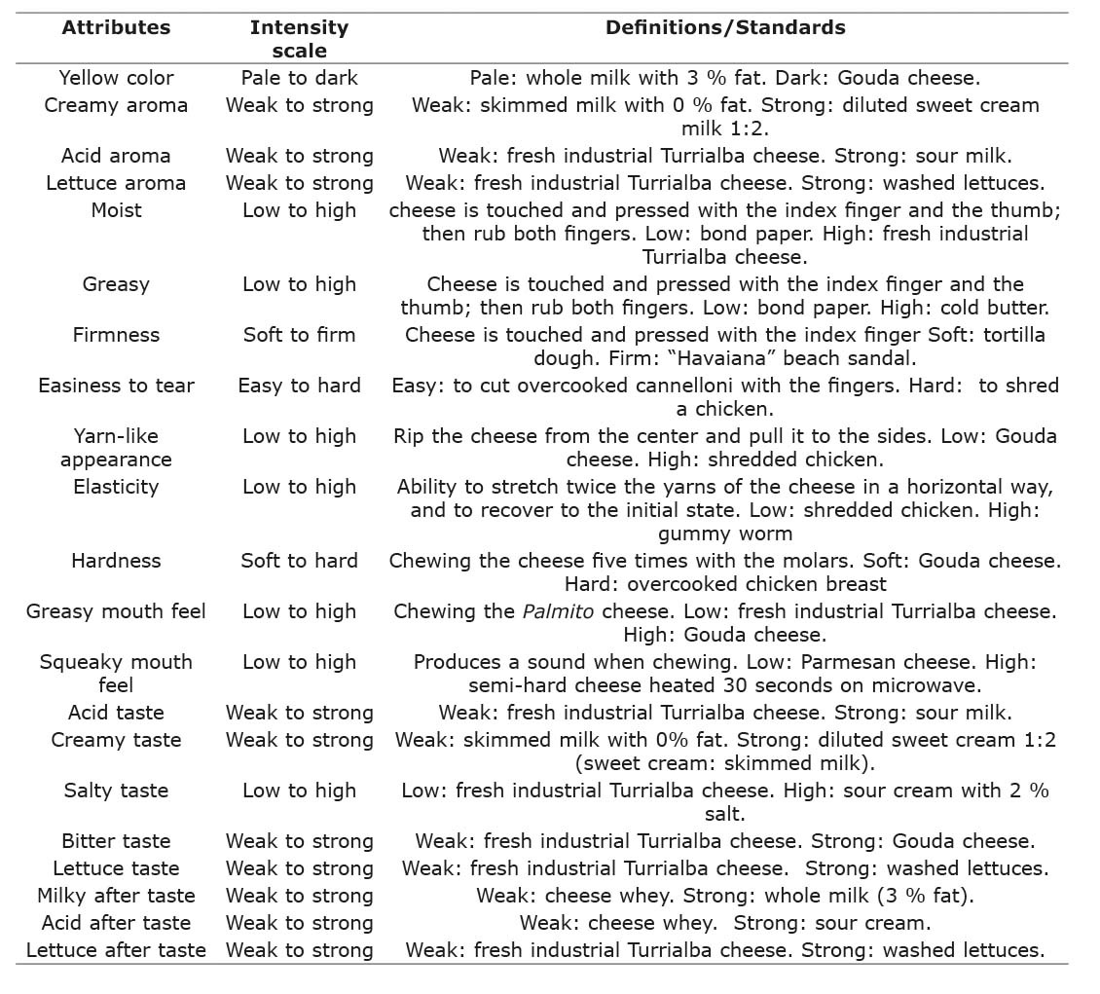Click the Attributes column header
(x=116, y=27)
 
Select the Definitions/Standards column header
(x=725, y=27)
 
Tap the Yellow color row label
(x=116, y=78)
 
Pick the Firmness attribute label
(x=116, y=335)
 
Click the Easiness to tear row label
(x=116, y=386)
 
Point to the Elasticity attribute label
(x=116, y=487)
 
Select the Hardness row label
(x=116, y=561)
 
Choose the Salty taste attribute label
(x=116, y=791)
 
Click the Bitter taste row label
(x=116, y=841)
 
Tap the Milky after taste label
(x=116, y=896)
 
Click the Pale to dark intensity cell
(x=299, y=78)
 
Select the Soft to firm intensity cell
(x=299, y=335)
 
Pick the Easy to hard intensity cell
(x=299, y=386)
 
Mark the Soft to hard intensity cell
(x=299, y=561)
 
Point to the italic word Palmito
(x=557, y=611)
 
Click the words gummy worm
(x=725, y=534)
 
